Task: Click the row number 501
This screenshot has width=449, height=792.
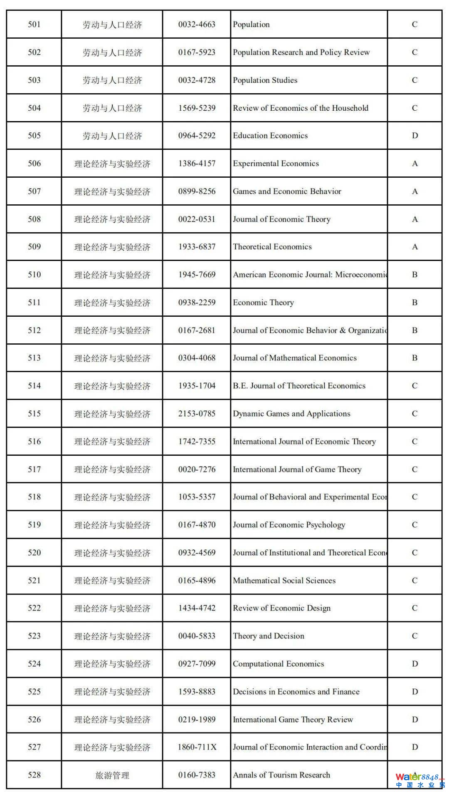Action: (x=34, y=25)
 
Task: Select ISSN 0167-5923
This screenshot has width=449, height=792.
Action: (x=197, y=52)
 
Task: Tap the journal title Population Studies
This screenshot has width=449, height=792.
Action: (x=265, y=80)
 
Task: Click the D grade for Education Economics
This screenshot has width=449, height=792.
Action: (x=414, y=136)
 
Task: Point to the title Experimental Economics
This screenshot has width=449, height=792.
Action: (x=276, y=164)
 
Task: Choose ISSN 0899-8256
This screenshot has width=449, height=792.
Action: (x=197, y=191)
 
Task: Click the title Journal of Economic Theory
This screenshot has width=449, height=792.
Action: (x=281, y=219)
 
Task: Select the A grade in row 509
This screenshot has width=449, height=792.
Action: (x=414, y=247)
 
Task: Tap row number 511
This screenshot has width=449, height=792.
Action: (x=34, y=303)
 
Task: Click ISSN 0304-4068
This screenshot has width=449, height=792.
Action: (x=197, y=358)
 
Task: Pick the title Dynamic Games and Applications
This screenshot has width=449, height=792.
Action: (x=291, y=414)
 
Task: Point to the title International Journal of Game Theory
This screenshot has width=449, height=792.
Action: (x=297, y=469)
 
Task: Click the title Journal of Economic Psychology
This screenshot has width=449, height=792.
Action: (x=289, y=525)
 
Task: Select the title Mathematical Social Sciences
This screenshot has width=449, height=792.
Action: (x=284, y=581)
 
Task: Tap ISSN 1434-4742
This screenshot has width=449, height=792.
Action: (x=197, y=608)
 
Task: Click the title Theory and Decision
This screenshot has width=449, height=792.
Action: (x=269, y=636)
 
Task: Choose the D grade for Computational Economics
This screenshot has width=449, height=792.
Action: (x=414, y=664)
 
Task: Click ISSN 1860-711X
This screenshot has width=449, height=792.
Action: (x=197, y=747)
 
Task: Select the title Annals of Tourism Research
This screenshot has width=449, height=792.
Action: (x=281, y=775)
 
